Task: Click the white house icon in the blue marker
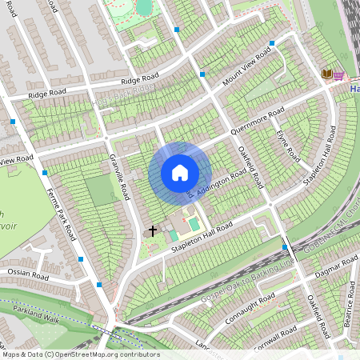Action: pos(180,173)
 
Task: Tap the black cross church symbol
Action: pos(154,230)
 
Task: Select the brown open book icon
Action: pos(326,74)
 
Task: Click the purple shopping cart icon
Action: pos(338,74)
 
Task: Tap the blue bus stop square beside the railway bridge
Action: pos(286,248)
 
